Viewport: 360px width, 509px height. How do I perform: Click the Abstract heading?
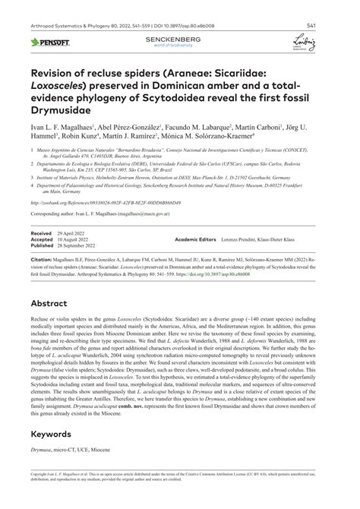pos(51,302)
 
